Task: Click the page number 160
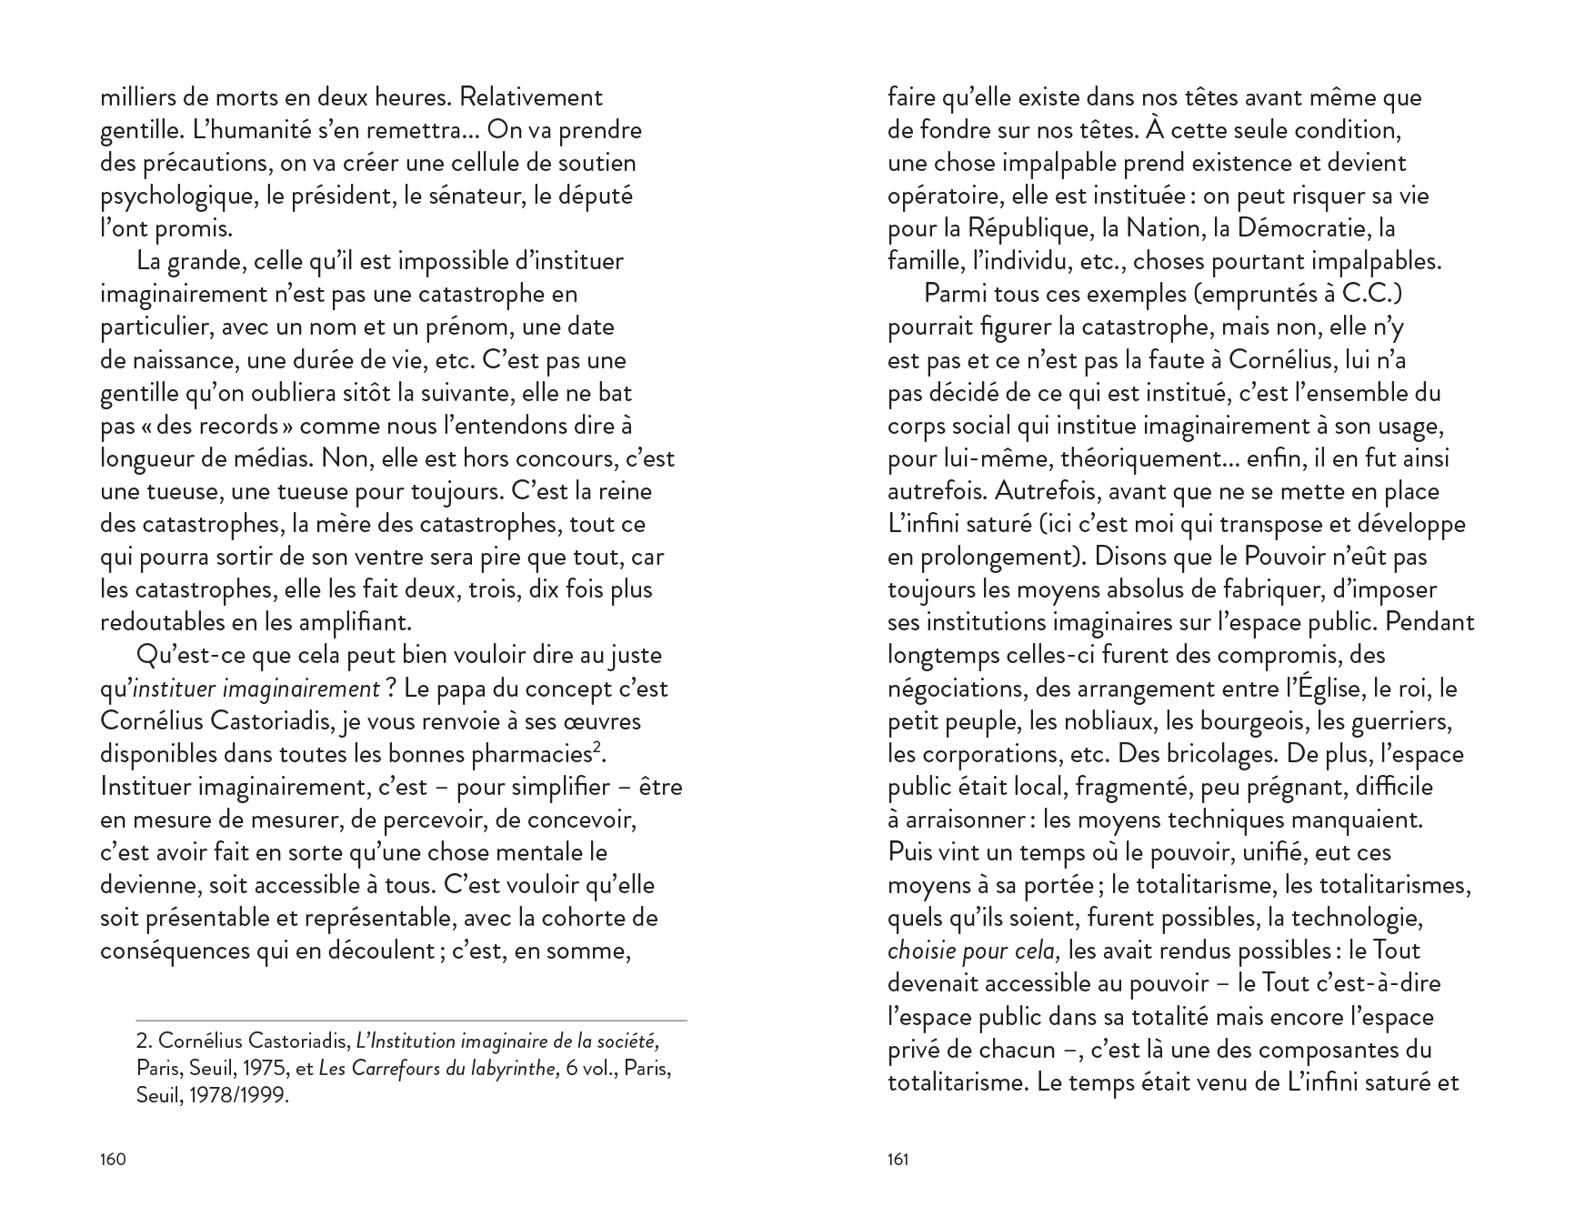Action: pos(113,1159)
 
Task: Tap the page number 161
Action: pos(898,1159)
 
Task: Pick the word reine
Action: pos(627,491)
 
